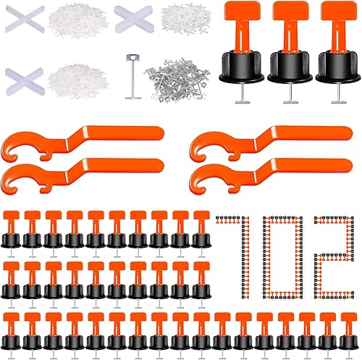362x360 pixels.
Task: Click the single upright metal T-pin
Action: (x=132, y=77)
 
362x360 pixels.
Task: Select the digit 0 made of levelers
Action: (x=282, y=258)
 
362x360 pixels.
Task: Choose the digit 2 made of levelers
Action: (x=334, y=258)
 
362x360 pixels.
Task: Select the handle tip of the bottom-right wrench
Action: (x=346, y=166)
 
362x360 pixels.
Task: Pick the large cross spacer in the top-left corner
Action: (x=25, y=20)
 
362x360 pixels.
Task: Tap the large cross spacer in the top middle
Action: (x=134, y=20)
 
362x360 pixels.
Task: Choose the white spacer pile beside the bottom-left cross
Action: (x=77, y=82)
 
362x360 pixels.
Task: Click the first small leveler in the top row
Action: (x=11, y=233)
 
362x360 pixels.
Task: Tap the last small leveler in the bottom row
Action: (x=348, y=335)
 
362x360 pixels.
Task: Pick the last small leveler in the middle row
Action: (x=201, y=284)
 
